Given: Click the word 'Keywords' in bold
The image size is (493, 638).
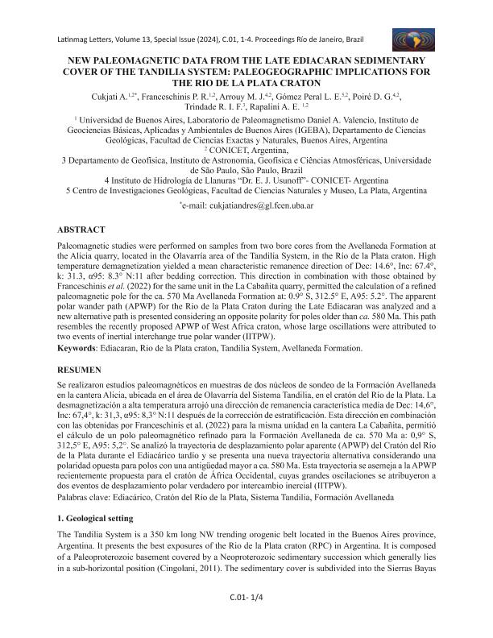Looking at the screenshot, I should [x=81, y=349].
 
